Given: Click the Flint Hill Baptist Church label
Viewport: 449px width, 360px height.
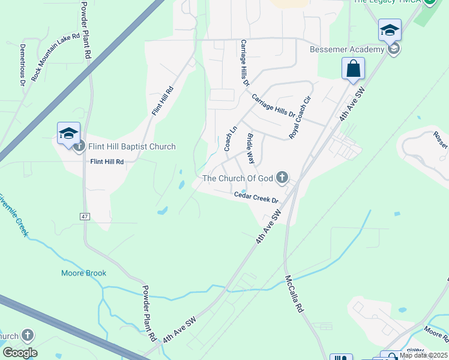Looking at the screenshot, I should [132, 146].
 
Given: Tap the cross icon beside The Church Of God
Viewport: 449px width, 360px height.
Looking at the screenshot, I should [282, 177].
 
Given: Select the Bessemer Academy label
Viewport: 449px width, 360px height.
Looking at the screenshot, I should [346, 49].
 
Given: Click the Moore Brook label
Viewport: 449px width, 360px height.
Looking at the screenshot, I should [83, 273].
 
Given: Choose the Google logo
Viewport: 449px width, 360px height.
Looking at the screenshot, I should [20, 352].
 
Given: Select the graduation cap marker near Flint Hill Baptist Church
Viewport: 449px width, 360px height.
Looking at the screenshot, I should [68, 133].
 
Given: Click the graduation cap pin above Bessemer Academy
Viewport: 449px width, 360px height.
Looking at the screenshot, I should [390, 29].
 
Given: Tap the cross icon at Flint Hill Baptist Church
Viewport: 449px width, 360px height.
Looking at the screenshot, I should [79, 147].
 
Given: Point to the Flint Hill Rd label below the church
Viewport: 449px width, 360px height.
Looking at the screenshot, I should [107, 161].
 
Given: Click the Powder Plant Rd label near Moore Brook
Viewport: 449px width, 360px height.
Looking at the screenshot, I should [148, 311].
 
